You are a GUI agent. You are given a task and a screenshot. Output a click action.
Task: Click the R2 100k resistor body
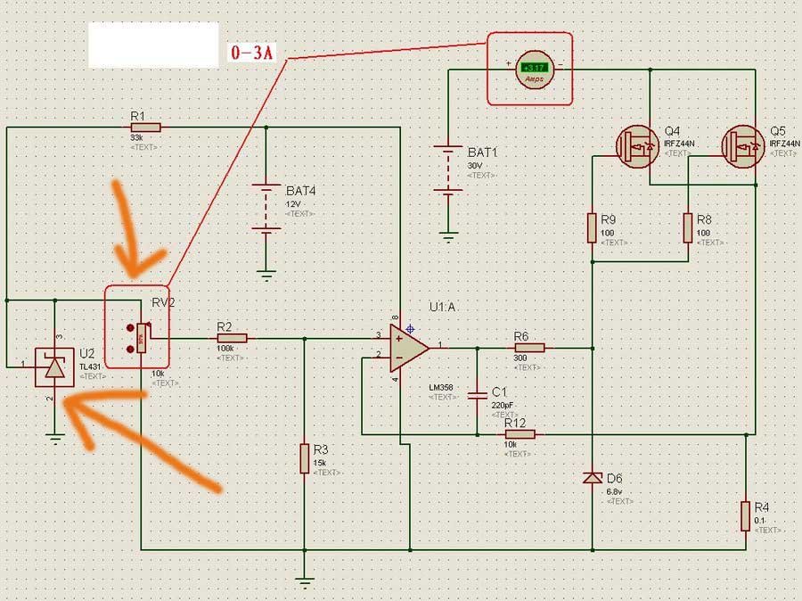click(x=231, y=338)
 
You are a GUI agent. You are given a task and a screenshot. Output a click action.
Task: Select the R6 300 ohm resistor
click(x=528, y=348)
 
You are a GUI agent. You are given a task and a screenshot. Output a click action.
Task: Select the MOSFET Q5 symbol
click(x=743, y=144)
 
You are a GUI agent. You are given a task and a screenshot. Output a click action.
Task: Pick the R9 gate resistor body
click(x=592, y=227)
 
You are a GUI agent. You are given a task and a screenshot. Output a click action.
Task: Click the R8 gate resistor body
click(x=688, y=227)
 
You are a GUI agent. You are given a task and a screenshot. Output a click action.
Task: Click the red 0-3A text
click(x=252, y=54)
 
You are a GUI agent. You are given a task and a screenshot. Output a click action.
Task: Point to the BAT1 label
click(x=483, y=152)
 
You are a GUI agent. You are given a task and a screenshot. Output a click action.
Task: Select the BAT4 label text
click(x=301, y=191)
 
